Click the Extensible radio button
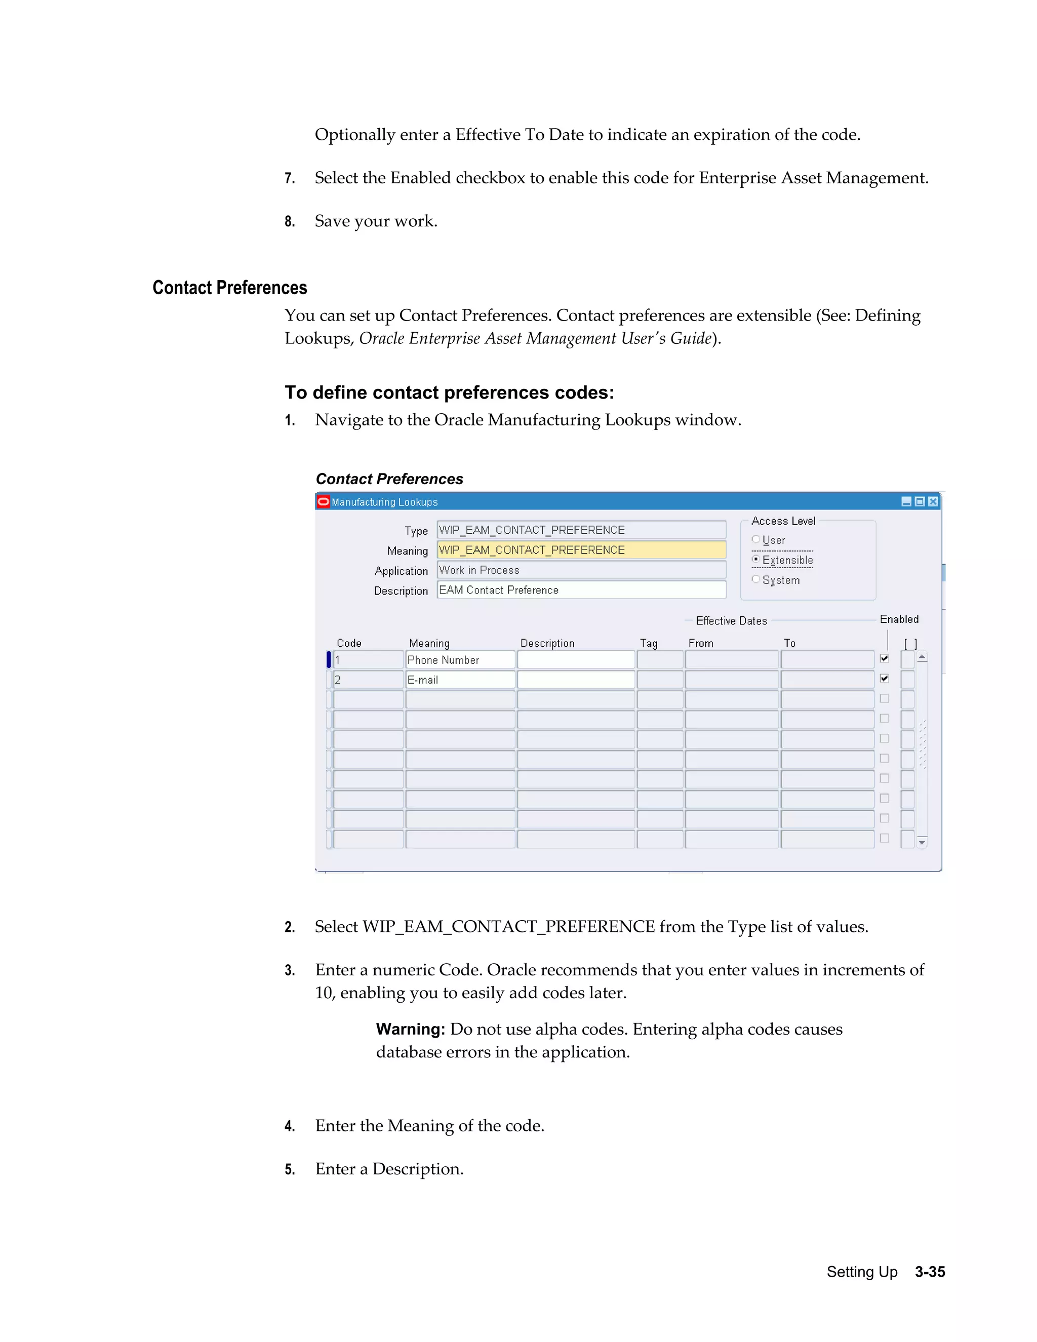755,559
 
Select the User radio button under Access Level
755,539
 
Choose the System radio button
755,579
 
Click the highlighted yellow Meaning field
581,550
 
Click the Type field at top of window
581,530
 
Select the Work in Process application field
581,570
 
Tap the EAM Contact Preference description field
581,590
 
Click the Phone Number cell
460,660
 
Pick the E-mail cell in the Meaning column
460,680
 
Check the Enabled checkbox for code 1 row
884,658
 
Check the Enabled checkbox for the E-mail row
884,679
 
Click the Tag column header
648,643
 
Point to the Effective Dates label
731,621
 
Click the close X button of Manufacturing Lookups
933,501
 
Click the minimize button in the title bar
906,501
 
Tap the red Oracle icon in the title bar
323,501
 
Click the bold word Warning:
410,1029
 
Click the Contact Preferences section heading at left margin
229,288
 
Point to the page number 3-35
930,1272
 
